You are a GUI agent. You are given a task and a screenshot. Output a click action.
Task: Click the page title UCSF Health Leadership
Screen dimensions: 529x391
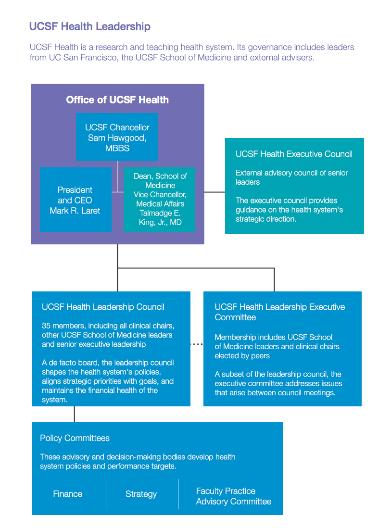point(90,27)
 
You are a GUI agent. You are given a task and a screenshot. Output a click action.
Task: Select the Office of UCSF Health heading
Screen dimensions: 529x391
point(117,100)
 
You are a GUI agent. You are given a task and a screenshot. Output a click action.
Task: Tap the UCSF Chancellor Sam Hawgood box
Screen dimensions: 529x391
point(117,137)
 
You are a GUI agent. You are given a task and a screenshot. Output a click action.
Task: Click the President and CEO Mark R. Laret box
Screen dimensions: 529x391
point(75,200)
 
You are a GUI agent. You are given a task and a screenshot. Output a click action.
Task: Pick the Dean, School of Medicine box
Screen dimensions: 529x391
point(160,199)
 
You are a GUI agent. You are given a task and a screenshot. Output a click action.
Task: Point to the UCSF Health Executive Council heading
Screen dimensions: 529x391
point(294,154)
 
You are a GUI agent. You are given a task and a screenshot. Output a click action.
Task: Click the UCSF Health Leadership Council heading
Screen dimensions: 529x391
point(103,307)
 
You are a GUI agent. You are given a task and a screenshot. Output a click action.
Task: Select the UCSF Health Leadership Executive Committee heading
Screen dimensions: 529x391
point(279,312)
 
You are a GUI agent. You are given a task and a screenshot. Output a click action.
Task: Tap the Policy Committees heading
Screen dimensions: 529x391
point(75,438)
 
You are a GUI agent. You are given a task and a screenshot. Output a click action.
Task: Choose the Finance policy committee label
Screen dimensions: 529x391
point(67,494)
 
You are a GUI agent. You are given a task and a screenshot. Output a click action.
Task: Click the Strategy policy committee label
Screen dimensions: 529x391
point(141,494)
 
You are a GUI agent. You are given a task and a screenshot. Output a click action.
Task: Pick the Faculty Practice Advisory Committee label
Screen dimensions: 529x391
point(233,496)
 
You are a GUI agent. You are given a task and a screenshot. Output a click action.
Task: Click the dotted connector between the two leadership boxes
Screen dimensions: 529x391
point(197,344)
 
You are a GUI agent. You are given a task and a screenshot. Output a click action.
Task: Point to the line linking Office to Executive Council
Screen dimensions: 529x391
point(214,192)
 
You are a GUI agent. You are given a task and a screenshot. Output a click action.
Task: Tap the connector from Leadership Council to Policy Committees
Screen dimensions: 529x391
point(75,414)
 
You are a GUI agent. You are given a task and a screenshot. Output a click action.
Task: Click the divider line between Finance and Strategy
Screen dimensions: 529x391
point(106,494)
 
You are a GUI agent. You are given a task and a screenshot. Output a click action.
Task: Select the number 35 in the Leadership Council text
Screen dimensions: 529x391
point(47,326)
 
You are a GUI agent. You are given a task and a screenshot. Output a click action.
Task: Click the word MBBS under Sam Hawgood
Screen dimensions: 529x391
point(117,149)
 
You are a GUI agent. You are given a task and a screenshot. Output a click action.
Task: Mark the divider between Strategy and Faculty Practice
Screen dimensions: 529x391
point(178,494)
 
